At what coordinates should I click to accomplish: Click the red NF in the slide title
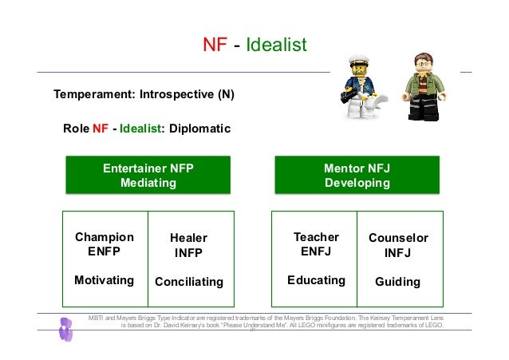[x=215, y=45]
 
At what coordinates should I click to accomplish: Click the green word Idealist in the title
[x=276, y=45]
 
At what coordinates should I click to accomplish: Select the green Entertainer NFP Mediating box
[x=148, y=176]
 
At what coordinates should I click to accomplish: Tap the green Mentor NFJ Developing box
[x=357, y=176]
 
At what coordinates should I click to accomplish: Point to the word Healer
[x=189, y=238]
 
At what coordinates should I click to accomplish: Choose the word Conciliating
[x=189, y=282]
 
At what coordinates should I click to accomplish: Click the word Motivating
[x=104, y=280]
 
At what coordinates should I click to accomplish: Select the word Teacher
[x=316, y=237]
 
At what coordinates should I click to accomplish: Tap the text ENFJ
[x=316, y=251]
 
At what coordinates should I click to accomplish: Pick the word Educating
[x=316, y=280]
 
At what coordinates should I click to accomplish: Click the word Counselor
[x=398, y=238]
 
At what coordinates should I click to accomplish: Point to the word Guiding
[x=397, y=282]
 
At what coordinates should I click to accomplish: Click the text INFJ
[x=397, y=253]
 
